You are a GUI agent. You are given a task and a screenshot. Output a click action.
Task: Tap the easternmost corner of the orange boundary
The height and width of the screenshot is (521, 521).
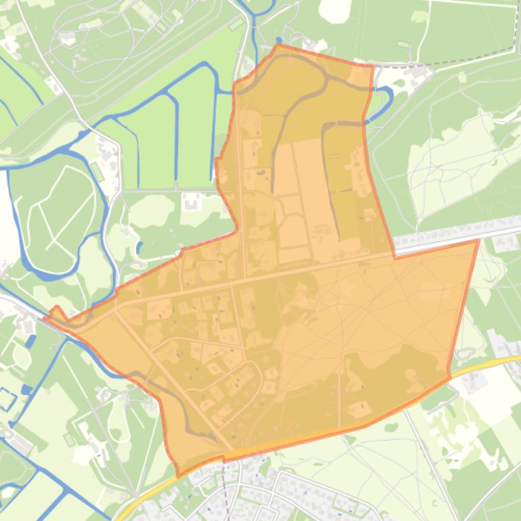[x=478, y=240]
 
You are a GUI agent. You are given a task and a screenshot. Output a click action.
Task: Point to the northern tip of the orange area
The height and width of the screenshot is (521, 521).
[x=277, y=45]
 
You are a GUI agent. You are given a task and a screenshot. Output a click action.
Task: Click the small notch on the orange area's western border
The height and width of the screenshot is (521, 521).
[x=217, y=160]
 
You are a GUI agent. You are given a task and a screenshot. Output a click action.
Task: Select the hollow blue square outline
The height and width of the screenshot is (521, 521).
[x=7, y=399]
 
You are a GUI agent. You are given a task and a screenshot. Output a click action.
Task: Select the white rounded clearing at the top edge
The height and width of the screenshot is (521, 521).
[x=335, y=9]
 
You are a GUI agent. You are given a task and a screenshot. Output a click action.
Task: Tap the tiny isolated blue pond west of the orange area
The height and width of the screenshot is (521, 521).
[x=140, y=248]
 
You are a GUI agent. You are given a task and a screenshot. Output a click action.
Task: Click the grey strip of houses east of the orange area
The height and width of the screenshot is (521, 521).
[x=461, y=230]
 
